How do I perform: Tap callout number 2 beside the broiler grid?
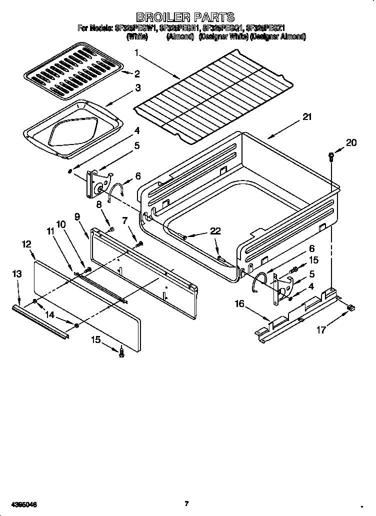136,74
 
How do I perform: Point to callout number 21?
306,118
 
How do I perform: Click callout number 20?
351,143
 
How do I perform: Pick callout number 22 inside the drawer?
214,230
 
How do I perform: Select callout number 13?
16,273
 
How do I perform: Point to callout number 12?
26,244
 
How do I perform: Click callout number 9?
77,216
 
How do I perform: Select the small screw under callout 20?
331,156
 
